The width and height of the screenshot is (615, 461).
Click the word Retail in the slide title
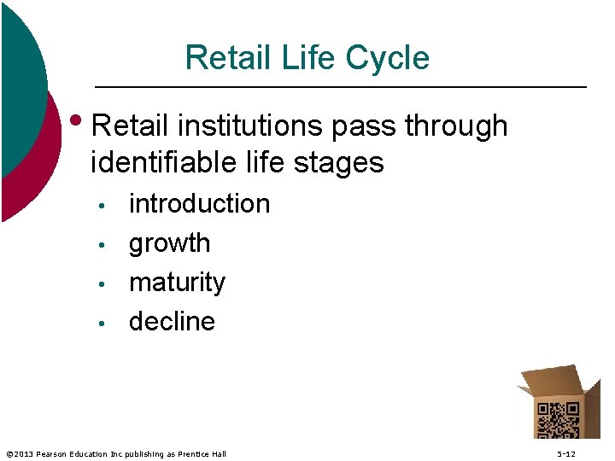coord(220,58)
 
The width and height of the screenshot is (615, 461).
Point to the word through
coord(456,125)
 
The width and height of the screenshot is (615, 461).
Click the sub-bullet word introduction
coord(199,204)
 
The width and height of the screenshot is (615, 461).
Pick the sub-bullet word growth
coord(169,243)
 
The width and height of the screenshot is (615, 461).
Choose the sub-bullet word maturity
coord(177,283)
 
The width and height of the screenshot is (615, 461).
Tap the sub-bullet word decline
coord(172,322)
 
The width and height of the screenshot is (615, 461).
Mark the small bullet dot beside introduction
coord(101,206)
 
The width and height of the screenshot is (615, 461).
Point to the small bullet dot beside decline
coord(101,324)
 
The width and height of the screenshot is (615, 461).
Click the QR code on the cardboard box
coord(557,420)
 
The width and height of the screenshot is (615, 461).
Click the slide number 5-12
coord(566,454)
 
